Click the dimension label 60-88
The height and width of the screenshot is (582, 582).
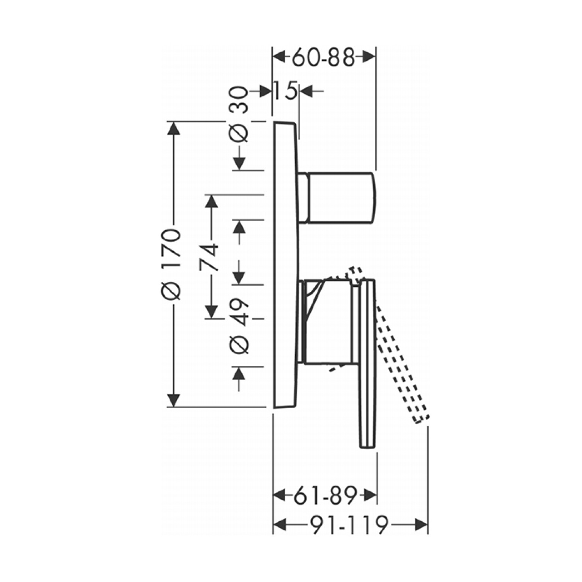pos(324,58)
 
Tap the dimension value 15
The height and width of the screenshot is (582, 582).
pos(285,91)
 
